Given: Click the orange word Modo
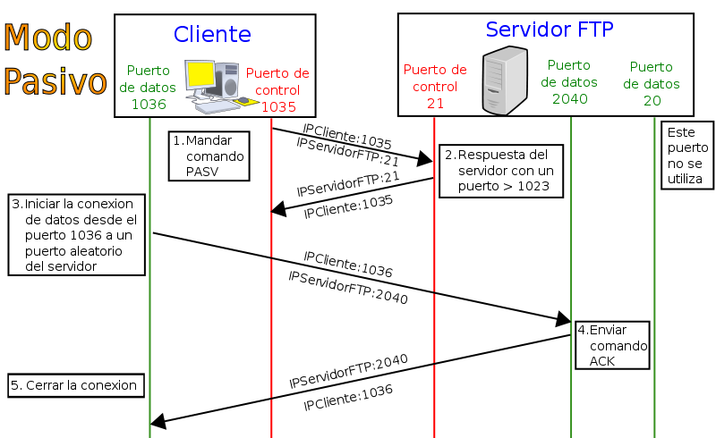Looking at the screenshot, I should pos(48,38).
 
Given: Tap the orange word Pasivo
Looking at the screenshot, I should pos(55,80).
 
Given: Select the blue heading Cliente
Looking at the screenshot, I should pos(212,34).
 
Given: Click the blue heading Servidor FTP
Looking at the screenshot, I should pos(549,29).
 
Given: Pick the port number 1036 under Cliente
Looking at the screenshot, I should pos(149,104).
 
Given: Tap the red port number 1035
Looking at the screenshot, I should pos(278,106).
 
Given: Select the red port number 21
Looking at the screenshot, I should pos(435,103).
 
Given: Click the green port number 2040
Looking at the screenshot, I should pos(569,98).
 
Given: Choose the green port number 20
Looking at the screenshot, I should pos(652,100).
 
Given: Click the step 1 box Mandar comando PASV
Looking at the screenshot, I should pos(208,156).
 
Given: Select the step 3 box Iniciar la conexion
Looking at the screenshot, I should pos(76,234).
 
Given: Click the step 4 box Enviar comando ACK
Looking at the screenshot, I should pos(612,345).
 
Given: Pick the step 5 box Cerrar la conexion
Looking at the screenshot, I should pos(76,385).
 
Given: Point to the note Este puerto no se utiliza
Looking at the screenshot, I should pos(686,156).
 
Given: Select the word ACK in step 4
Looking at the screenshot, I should pos(602,360).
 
